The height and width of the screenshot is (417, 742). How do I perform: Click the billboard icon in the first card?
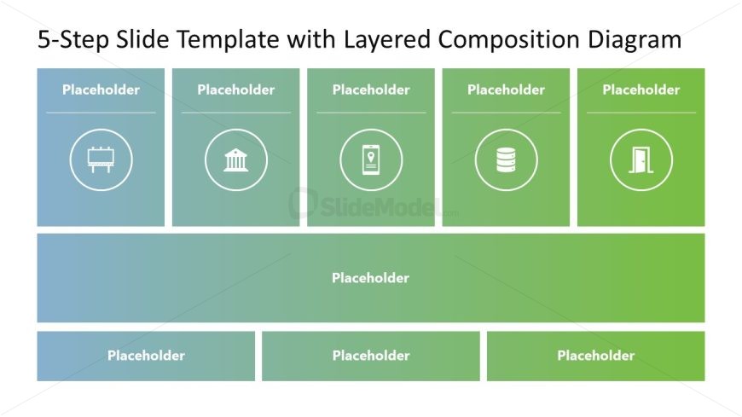[x=101, y=159]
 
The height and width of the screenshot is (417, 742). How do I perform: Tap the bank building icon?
[x=235, y=159]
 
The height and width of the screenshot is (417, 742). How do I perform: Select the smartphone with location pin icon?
[x=371, y=159]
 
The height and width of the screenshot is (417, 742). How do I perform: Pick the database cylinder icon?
[x=506, y=159]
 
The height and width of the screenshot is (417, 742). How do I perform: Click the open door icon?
[x=641, y=160]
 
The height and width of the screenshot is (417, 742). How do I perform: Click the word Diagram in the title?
[x=635, y=39]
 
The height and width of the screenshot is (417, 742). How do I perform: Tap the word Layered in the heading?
[x=387, y=39]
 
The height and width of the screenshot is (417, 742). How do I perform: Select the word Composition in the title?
[x=508, y=39]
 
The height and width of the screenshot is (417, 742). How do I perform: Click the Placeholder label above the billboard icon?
[x=101, y=90]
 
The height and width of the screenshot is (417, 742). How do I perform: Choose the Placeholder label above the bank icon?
[x=235, y=90]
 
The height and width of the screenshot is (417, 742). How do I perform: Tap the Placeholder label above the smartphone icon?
[x=371, y=90]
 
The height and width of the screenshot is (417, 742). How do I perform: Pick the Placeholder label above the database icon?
[x=506, y=90]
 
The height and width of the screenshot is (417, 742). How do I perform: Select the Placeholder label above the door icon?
[x=641, y=90]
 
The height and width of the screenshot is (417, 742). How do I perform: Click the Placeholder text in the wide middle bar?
[x=370, y=278]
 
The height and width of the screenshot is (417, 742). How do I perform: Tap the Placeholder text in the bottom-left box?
[x=146, y=356]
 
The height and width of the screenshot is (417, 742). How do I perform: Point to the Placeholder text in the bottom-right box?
[x=596, y=356]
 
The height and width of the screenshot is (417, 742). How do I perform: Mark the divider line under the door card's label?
[x=641, y=113]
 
